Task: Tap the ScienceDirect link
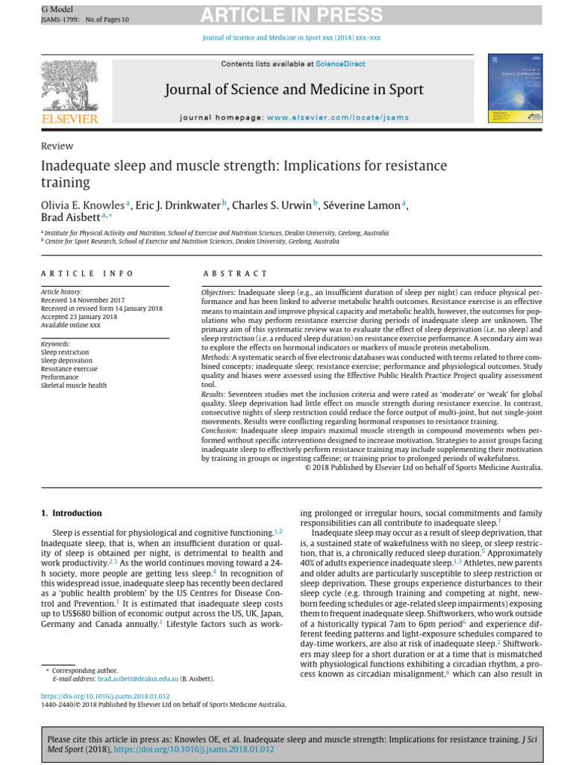(x=340, y=64)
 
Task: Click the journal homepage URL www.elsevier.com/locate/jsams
(x=337, y=118)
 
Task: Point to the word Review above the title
(x=57, y=146)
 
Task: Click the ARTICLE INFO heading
(x=87, y=274)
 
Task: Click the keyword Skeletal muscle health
(x=74, y=385)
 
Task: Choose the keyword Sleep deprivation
(x=66, y=360)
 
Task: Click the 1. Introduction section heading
(x=70, y=513)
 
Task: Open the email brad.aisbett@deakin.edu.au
(x=138, y=679)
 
